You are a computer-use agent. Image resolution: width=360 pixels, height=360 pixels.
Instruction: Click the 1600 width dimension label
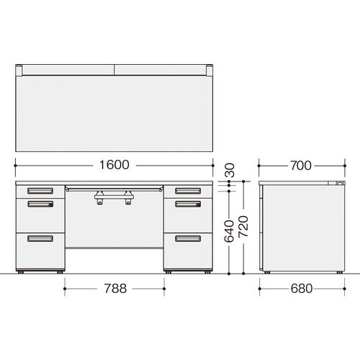114,165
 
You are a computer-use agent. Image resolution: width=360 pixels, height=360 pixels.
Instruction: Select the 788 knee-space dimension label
115,289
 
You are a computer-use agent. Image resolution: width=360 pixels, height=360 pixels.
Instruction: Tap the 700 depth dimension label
301,166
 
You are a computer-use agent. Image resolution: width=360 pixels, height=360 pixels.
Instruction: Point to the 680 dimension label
302,289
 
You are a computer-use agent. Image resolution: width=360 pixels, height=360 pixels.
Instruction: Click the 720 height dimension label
243,227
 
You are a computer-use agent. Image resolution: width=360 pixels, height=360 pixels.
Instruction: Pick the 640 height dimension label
229,231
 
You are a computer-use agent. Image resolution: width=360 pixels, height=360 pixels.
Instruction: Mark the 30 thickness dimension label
229,170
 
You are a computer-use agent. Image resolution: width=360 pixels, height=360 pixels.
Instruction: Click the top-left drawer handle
40,191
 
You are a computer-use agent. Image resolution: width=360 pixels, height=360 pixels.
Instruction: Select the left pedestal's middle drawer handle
40,204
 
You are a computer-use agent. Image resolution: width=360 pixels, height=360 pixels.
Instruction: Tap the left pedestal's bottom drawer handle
40,238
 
